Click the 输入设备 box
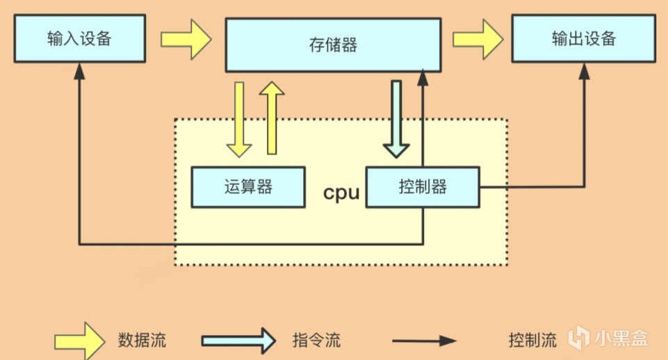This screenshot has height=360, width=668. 79,38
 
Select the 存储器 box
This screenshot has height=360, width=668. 333,45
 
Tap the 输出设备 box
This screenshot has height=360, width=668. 584,38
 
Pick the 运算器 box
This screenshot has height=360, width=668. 248,187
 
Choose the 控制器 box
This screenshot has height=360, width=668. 423,187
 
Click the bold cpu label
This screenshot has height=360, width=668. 342,193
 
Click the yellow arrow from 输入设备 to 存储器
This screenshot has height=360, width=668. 186,38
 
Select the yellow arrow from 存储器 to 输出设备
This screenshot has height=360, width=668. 478,38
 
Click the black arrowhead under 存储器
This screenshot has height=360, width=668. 423,76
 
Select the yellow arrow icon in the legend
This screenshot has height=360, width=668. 79,340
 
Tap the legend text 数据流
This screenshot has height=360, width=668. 142,341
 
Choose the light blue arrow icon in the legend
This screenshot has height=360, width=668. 238,341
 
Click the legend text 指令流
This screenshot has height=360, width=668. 316,341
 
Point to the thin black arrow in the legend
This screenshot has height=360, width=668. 424,341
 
